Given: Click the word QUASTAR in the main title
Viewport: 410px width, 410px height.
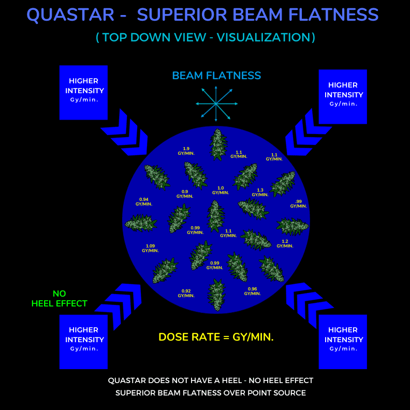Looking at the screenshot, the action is (70, 14).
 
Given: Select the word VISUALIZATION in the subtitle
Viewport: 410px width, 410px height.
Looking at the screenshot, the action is (263, 37).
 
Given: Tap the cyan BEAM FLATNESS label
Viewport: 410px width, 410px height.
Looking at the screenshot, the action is (216, 76).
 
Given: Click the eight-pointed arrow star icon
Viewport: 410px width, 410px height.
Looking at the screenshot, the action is (216, 104).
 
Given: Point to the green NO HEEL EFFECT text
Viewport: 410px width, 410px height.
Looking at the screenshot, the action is (60, 299).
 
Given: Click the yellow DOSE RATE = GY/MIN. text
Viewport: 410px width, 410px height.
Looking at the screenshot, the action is (216, 337).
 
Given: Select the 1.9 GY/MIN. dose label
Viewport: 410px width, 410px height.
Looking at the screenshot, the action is (186, 151).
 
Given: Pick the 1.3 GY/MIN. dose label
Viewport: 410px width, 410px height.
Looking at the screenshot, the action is (260, 193).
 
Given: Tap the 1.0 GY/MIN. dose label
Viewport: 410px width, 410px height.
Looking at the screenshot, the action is (221, 191).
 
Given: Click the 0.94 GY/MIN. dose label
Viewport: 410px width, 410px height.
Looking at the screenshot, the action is (144, 201).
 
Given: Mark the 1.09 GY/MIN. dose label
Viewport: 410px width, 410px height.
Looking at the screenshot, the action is (150, 248).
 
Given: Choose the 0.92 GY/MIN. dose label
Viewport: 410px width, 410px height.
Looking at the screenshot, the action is (186, 293).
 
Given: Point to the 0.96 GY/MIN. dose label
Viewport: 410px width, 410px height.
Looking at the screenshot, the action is (252, 291).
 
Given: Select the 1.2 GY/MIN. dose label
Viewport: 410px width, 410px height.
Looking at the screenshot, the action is (285, 243).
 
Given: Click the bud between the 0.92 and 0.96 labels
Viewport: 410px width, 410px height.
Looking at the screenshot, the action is (216, 295).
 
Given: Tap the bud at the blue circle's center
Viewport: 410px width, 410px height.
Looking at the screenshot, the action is (216, 216).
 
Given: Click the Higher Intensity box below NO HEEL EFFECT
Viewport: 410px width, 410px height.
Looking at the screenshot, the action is (83, 342).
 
